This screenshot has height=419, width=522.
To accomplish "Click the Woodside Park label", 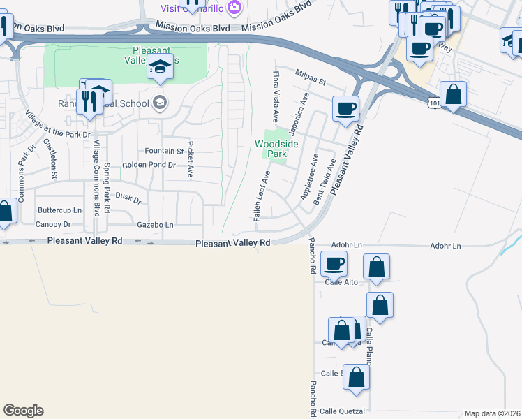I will coord(276,149).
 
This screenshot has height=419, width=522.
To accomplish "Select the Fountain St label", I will coord(163,151).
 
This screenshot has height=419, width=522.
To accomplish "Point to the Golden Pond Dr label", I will coord(148,166).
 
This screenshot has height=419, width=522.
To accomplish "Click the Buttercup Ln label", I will coord(59,210).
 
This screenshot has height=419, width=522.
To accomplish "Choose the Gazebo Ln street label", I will coord(155,225).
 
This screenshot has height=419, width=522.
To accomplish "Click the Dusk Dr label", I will coord(128,199).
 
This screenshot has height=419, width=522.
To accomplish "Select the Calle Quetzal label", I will coord(342,411).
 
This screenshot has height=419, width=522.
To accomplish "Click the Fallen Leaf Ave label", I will coord(262,198).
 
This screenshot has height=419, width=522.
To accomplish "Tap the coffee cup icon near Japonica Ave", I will coord(345,109).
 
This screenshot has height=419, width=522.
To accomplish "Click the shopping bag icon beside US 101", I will coord(454,94).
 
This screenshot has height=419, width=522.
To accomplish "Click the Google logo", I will coord(23,411).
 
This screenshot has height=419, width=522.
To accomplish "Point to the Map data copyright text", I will coord(492,413).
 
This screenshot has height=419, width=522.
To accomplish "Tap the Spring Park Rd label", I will coord(107,188).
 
